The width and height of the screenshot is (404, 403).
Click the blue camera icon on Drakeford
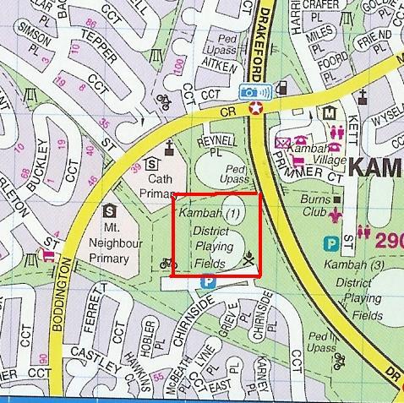point(250,90)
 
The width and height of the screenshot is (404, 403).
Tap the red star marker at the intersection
point(257,107)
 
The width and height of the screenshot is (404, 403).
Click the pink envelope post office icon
point(282,143)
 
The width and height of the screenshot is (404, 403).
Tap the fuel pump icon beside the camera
point(281,86)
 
